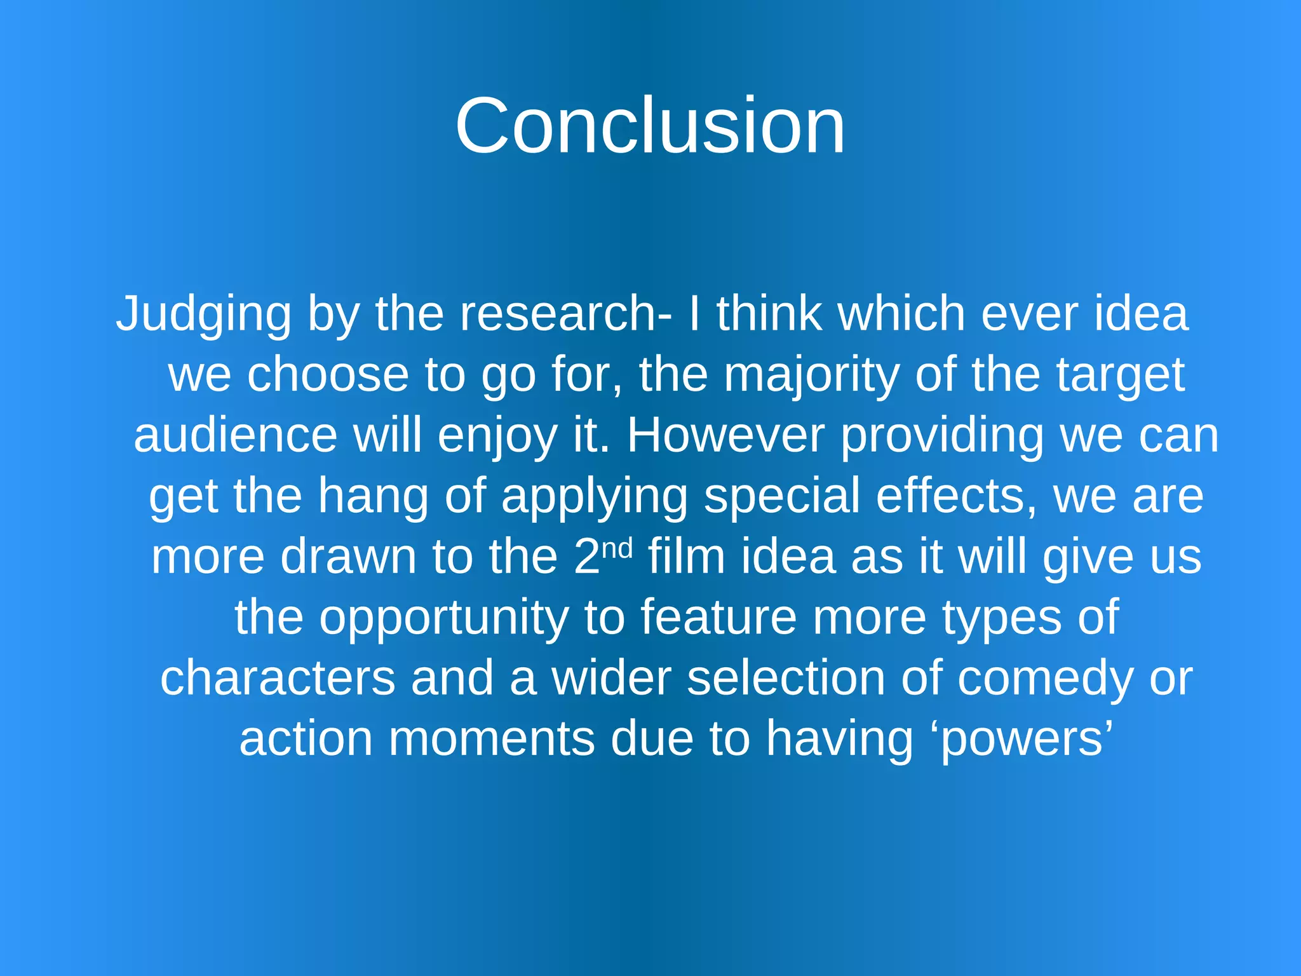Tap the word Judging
(203, 314)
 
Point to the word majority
(811, 375)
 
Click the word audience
(235, 436)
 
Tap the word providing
(942, 436)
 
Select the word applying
(594, 497)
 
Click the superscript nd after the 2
(617, 548)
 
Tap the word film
(686, 557)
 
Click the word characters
(277, 679)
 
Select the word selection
(786, 679)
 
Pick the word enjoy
(497, 437)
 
